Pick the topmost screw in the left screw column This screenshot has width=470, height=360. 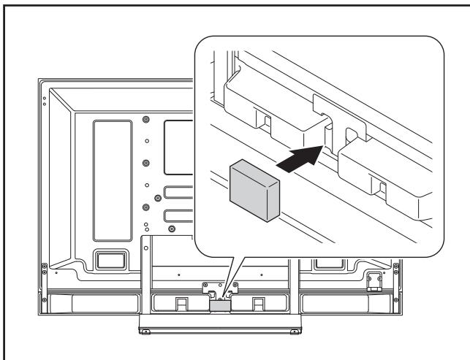[x=146, y=118]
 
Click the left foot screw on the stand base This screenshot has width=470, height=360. [x=145, y=331]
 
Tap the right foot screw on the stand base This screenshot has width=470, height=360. [x=295, y=331]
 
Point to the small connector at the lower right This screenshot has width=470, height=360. [x=375, y=278]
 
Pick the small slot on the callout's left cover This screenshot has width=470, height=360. [x=266, y=118]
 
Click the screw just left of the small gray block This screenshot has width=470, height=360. [x=205, y=286]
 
